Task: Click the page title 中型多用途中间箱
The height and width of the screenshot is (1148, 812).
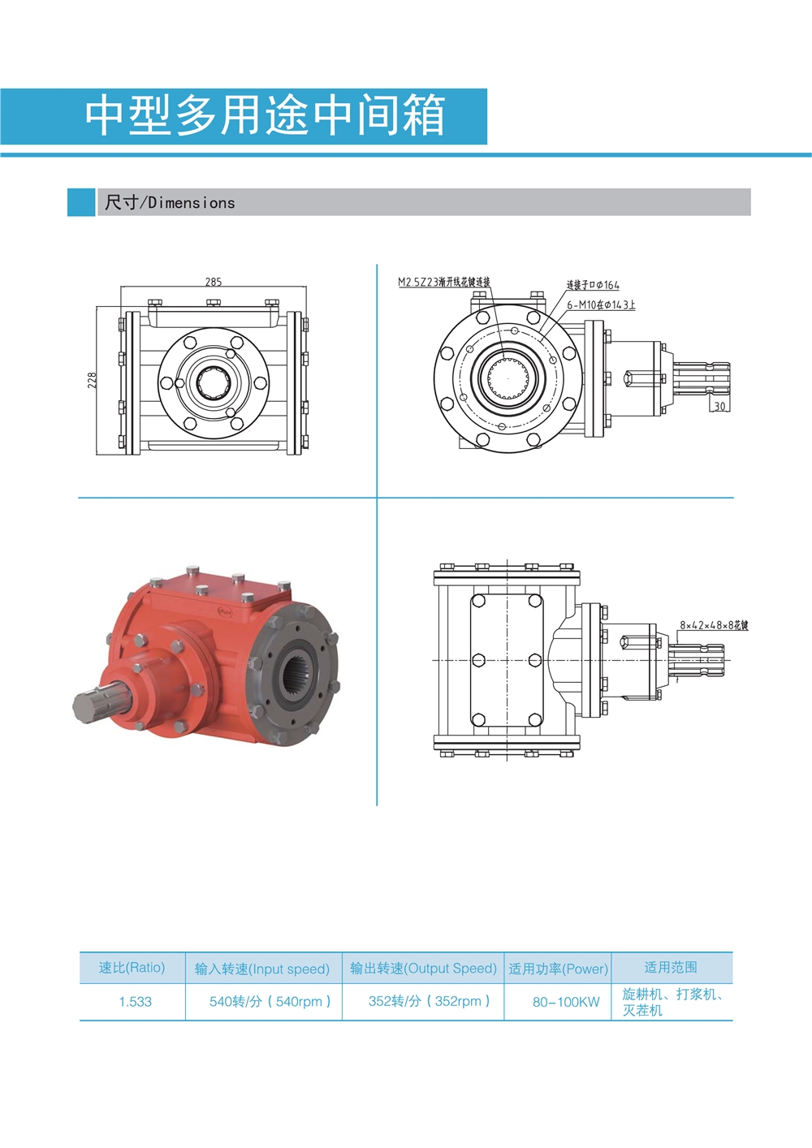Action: tap(265, 114)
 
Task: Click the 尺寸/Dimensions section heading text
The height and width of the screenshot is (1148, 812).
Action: tap(169, 203)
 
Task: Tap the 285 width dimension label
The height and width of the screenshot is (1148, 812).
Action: tap(213, 282)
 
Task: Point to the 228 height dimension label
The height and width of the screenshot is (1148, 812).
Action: tap(92, 380)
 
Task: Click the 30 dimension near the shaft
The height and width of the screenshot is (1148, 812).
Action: tap(719, 406)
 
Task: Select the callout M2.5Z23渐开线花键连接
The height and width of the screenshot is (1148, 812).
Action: tap(443, 282)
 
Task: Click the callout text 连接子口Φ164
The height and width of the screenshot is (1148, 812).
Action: tap(592, 285)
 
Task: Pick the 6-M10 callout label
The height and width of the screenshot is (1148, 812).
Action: tap(601, 304)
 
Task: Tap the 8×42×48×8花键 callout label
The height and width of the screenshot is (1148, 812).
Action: tap(713, 625)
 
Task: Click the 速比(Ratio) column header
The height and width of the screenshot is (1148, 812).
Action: tap(132, 968)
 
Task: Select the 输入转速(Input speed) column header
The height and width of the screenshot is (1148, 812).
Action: tap(261, 969)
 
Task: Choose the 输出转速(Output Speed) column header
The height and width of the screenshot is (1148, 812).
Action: tap(423, 969)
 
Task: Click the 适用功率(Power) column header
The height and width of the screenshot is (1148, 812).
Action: tap(558, 969)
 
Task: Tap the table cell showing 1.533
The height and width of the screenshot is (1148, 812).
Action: tap(135, 1002)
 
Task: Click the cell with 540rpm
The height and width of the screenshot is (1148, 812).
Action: tap(270, 1002)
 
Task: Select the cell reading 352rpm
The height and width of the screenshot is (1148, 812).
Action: tap(429, 1001)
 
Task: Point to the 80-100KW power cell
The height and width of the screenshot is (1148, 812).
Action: tap(566, 1002)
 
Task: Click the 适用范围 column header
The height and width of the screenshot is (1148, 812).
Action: tap(671, 967)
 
